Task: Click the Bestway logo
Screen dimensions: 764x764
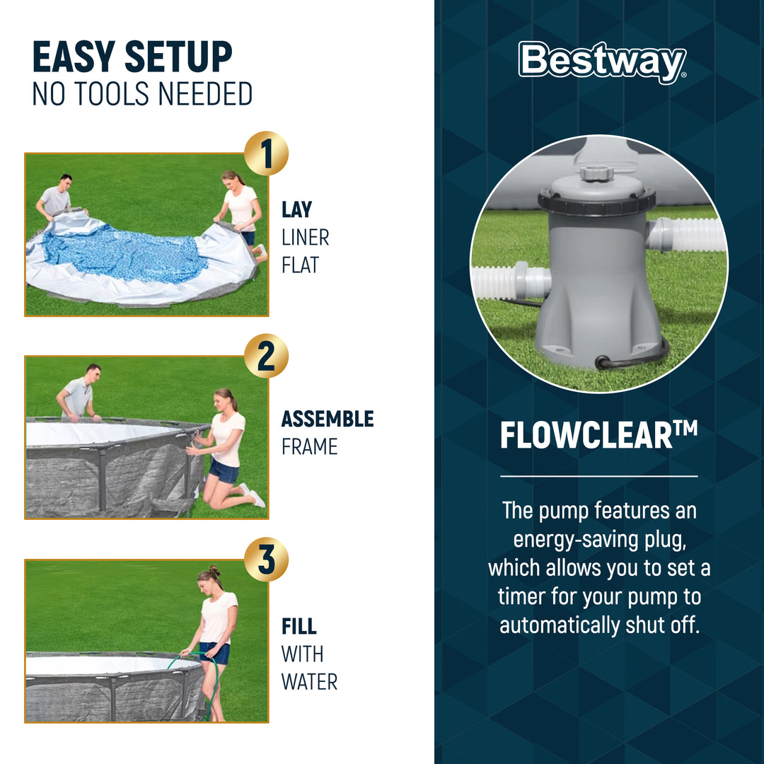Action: [601, 62]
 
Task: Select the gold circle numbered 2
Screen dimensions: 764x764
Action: [266, 356]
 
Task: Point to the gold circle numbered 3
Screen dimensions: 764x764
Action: [266, 559]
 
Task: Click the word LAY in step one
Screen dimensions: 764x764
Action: [296, 210]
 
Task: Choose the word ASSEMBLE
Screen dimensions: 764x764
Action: [327, 419]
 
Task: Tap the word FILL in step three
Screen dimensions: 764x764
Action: [299, 627]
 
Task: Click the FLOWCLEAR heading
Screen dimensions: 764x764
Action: [598, 436]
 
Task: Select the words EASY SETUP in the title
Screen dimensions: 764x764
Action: [132, 58]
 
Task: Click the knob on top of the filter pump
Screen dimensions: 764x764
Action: [596, 172]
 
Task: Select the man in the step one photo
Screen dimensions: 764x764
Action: [57, 197]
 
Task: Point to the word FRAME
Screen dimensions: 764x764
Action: [309, 447]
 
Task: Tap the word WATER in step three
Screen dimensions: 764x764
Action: [309, 682]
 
